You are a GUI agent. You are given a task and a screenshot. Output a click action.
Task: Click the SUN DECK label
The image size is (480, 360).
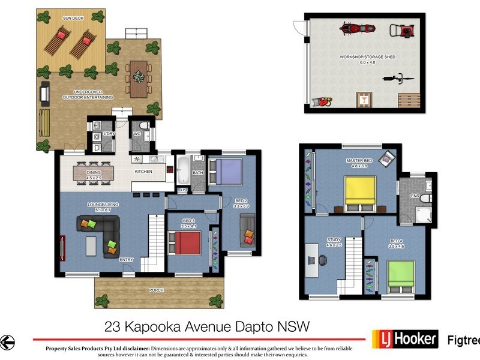pos(71,18)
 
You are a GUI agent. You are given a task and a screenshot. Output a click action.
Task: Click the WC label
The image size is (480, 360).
pos(137,133)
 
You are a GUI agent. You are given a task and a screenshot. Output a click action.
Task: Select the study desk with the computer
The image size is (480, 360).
pos(312,260)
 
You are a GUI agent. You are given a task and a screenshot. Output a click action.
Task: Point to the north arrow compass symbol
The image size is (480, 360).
pos(7,341)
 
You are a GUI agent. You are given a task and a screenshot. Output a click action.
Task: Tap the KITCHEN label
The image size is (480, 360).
pos(143,172)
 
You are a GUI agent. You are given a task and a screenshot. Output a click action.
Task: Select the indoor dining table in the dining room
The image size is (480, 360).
pos(93,172)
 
